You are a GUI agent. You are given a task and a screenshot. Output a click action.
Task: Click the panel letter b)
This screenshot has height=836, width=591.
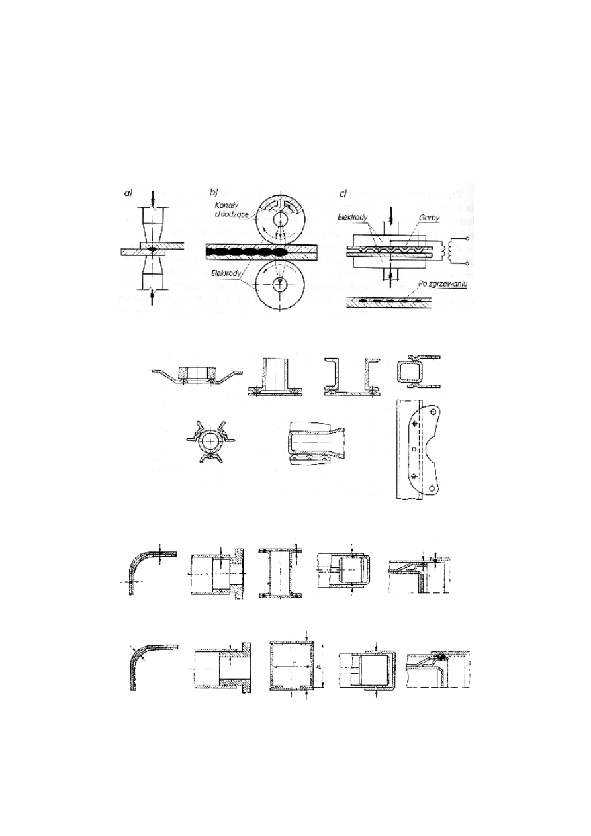point(214,192)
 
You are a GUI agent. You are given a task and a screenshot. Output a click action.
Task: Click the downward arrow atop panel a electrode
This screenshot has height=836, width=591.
point(153,197)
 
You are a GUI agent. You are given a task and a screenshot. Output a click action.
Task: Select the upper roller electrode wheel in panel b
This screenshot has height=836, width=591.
point(281,216)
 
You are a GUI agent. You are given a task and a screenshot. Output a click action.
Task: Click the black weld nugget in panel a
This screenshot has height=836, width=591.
point(153,249)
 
